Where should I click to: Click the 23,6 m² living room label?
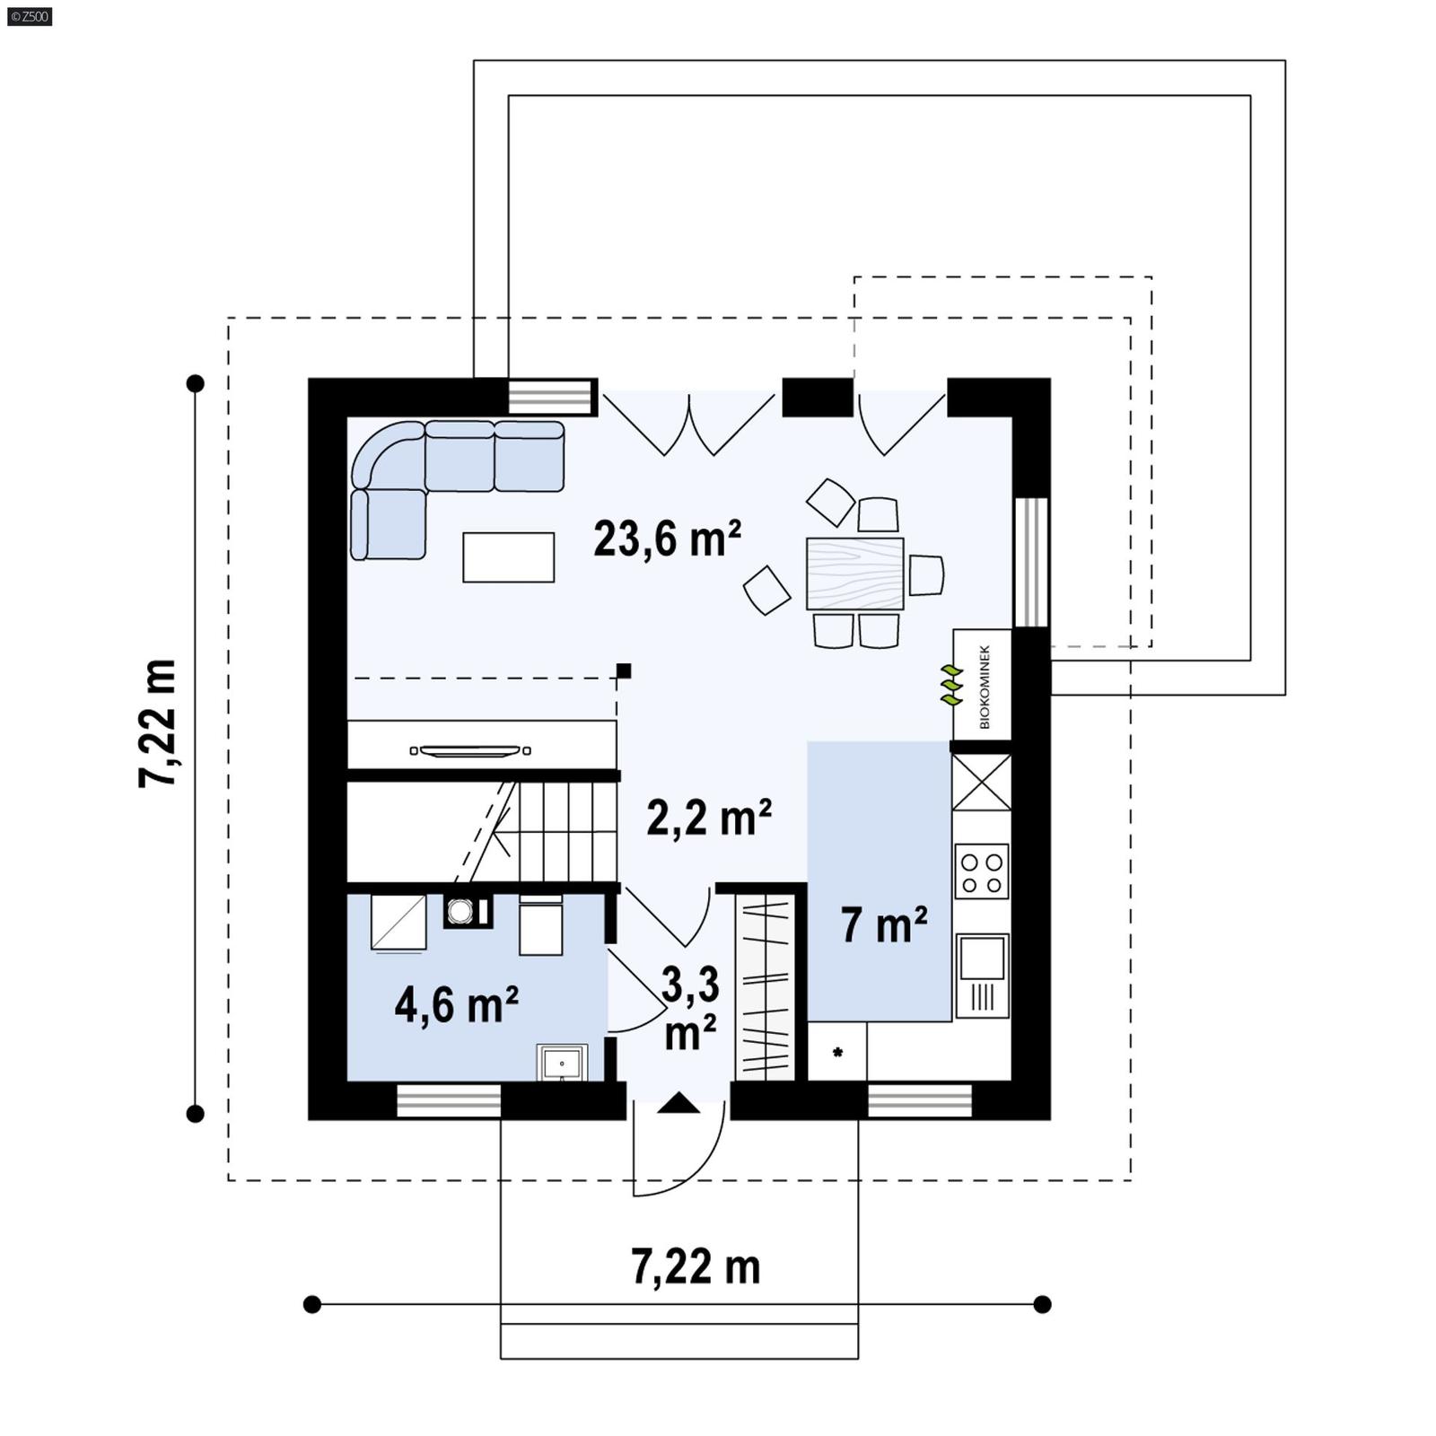[x=667, y=539]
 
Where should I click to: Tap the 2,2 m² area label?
[x=709, y=818]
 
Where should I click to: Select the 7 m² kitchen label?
[x=884, y=925]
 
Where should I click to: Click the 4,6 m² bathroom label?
[x=457, y=1004]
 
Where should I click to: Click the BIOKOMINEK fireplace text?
[x=985, y=686]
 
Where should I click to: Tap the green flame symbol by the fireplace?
[x=950, y=685]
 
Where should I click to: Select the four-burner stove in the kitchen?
[x=981, y=871]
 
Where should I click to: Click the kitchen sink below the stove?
[x=982, y=959]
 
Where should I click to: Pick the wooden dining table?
[x=854, y=574]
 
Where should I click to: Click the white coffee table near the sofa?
[x=508, y=556]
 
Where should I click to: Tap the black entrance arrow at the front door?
[x=678, y=1103]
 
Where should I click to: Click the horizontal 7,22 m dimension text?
[x=696, y=1267]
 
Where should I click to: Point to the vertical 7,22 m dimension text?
[x=158, y=723]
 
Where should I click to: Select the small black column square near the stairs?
[x=624, y=670]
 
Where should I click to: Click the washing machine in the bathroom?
[x=461, y=911]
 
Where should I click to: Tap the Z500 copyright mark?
[x=29, y=16]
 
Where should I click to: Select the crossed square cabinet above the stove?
[x=981, y=782]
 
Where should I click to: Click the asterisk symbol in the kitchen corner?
[x=837, y=1053]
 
